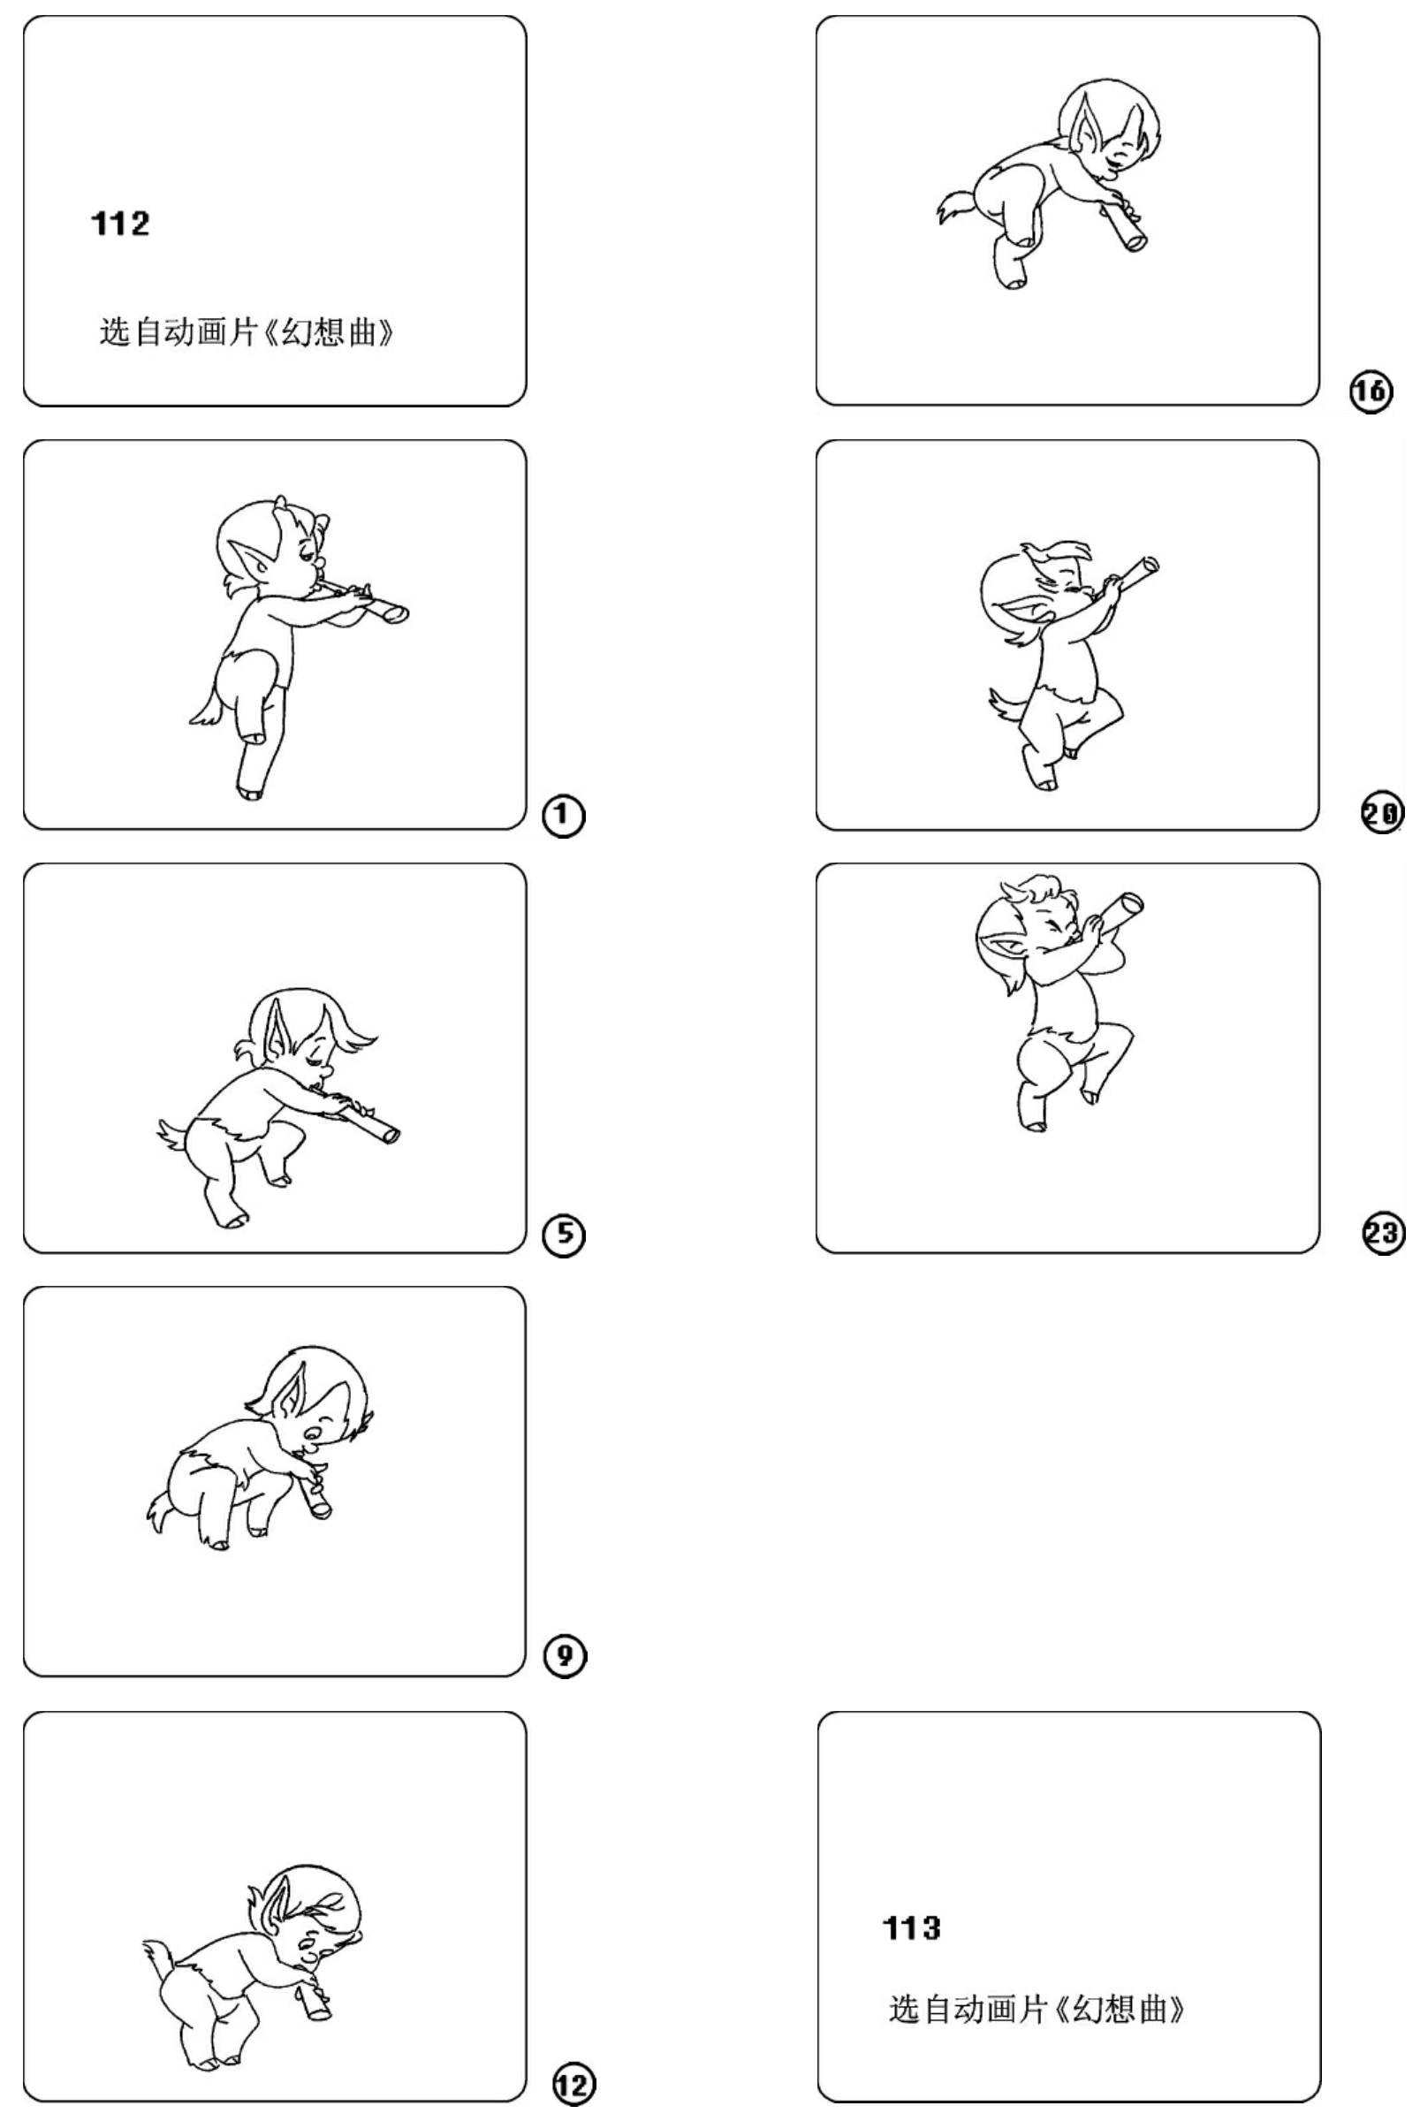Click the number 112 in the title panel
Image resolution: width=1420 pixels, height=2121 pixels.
(x=120, y=223)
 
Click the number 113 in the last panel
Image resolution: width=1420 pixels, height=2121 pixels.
(x=912, y=1928)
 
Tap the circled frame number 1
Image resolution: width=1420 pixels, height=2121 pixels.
(x=563, y=816)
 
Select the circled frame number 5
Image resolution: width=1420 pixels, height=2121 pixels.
(x=563, y=1235)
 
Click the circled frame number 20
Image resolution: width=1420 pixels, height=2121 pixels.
(x=1383, y=813)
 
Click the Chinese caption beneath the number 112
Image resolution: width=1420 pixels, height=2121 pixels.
(x=247, y=332)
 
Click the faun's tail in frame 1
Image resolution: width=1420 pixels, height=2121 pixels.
(x=207, y=706)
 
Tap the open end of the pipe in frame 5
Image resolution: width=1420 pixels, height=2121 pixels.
(x=391, y=1136)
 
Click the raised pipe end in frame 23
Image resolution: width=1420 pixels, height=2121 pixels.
(x=1131, y=903)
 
